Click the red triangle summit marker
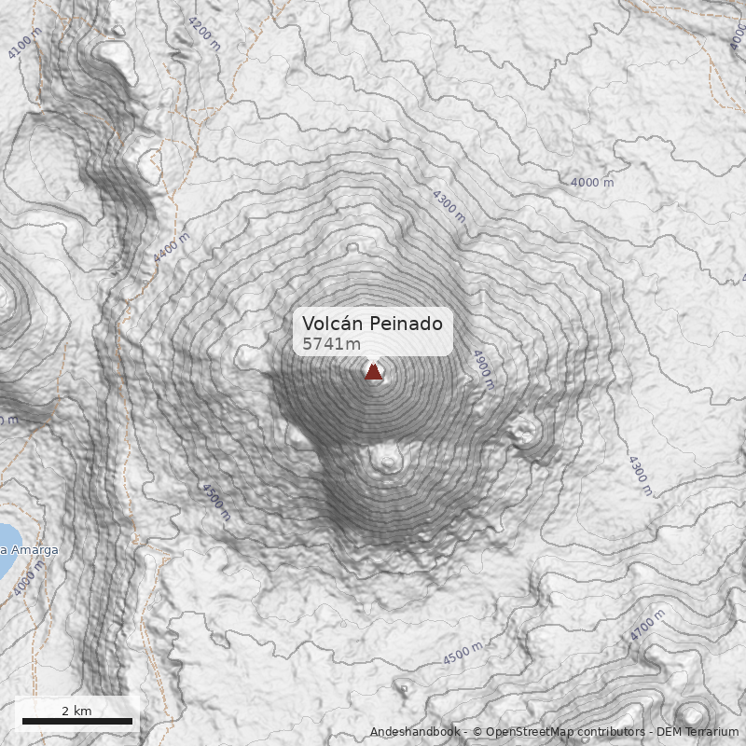point(373,372)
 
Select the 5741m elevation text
point(330,344)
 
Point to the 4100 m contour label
point(24,43)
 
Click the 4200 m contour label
point(203,33)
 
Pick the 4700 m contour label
point(646,624)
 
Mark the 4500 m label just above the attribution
point(463,653)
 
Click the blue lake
point(7,549)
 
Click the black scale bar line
point(77,721)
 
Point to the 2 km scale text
point(76,711)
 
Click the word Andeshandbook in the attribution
point(416,732)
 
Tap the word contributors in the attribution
point(613,732)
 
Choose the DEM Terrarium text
point(698,732)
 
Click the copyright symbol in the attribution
point(477,732)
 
